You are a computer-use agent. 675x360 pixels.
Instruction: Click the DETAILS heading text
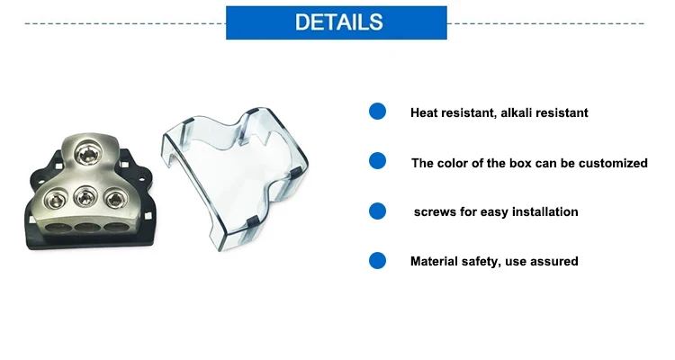338,22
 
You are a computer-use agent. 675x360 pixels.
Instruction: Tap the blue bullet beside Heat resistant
377,111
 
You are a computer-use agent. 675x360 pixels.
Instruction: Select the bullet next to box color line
377,160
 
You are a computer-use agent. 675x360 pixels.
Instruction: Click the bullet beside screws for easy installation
377,211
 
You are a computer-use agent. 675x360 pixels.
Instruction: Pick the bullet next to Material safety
377,260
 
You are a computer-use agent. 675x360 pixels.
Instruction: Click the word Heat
424,112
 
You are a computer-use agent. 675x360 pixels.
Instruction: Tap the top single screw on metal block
88,154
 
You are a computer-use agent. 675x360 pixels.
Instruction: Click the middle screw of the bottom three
85,198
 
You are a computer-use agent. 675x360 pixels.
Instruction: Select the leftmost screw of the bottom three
56,199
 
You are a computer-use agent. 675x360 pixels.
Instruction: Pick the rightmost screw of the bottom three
114,199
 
